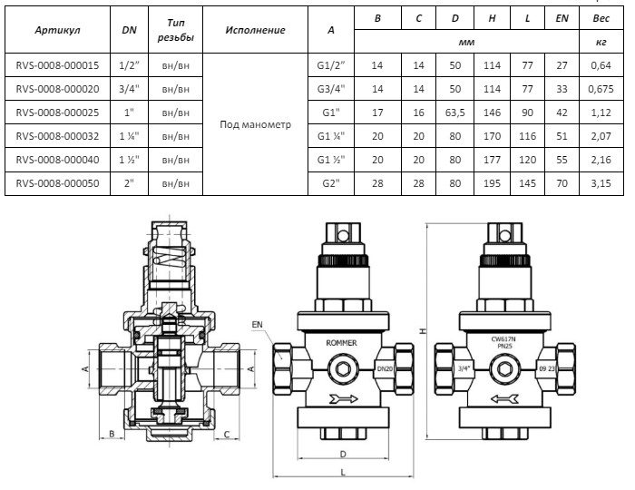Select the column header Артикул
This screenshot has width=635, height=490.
click(58, 30)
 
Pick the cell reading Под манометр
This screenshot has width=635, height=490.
click(255, 123)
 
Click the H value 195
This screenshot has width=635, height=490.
click(491, 182)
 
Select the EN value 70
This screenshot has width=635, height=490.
click(562, 182)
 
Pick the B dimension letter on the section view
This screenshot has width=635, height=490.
click(112, 434)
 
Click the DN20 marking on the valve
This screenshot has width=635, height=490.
click(383, 368)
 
